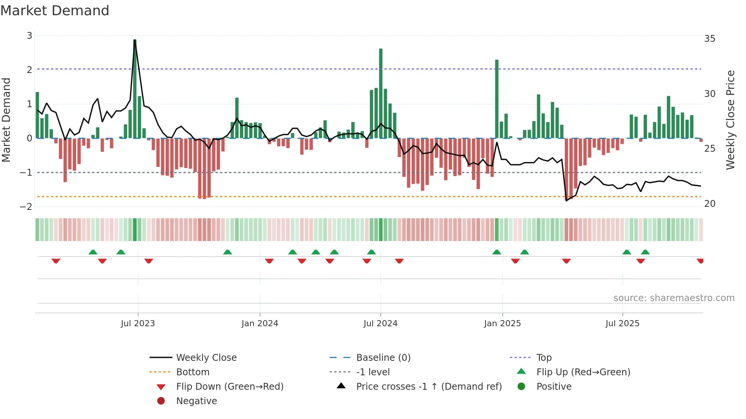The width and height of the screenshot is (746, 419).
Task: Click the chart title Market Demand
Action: tap(55, 11)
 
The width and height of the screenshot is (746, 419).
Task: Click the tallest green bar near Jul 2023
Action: tap(135, 89)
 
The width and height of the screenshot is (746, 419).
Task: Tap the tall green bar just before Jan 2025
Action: tap(497, 99)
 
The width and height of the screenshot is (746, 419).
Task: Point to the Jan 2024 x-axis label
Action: tap(260, 324)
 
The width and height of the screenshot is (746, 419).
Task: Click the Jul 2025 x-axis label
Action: tap(622, 324)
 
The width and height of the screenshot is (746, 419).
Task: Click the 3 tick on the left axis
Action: tap(29, 36)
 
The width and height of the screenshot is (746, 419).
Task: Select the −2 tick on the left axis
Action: tap(26, 206)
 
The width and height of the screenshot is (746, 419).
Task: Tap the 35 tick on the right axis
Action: tap(709, 39)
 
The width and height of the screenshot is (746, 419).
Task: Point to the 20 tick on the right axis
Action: tap(709, 204)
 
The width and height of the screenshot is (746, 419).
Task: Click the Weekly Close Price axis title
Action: tap(730, 120)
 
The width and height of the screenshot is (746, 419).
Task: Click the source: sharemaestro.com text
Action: tap(674, 298)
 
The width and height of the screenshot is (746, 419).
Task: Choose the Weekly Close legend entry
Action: tap(206, 358)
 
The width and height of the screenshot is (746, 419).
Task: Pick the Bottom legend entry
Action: tap(193, 372)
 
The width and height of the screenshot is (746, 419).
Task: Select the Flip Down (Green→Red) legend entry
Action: tap(230, 387)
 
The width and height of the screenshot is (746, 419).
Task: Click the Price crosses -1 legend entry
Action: tap(429, 387)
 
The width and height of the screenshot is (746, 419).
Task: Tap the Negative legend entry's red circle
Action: tap(161, 401)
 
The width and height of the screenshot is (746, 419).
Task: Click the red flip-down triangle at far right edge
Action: tap(700, 261)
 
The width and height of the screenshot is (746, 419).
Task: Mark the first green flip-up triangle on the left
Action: tap(93, 252)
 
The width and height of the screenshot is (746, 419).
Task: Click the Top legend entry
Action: tap(544, 358)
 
